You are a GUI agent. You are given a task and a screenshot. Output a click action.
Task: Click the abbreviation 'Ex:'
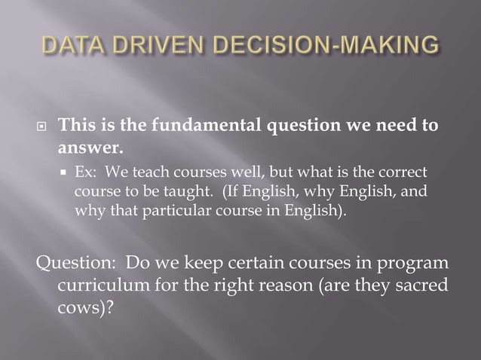pos(86,172)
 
